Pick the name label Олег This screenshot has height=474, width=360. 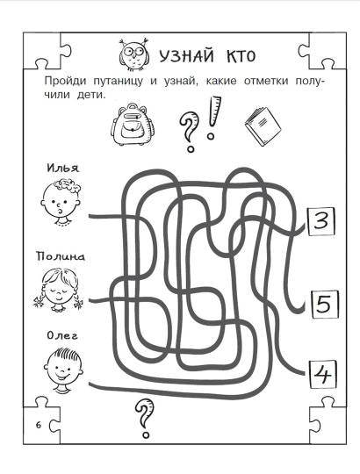pyautogui.click(x=60, y=334)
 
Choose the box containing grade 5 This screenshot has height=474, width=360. pyautogui.click(x=322, y=304)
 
